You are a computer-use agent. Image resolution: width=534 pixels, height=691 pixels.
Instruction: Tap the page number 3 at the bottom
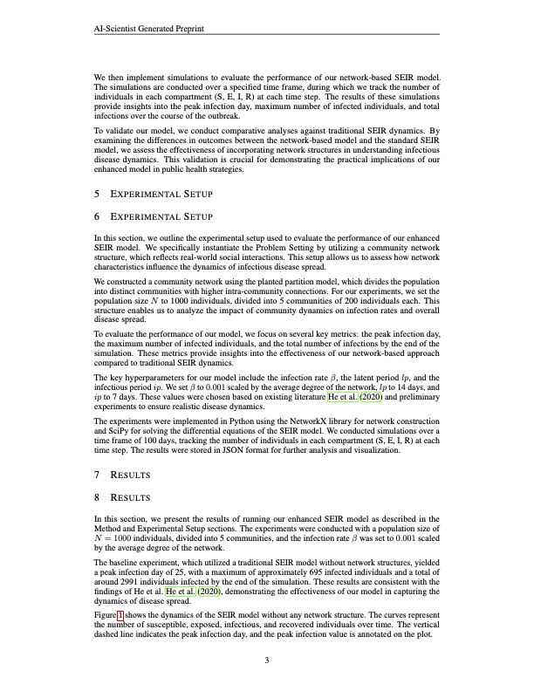click(x=267, y=660)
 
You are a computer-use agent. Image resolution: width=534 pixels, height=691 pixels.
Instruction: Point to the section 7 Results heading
click(x=122, y=475)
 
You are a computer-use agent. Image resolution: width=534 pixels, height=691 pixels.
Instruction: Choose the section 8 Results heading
click(x=122, y=497)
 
